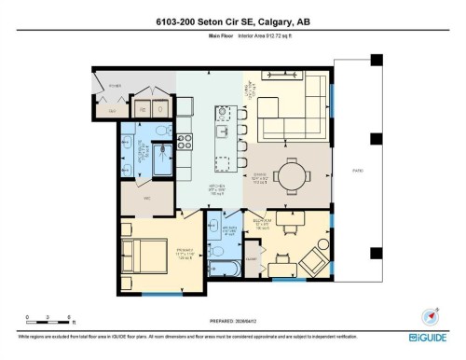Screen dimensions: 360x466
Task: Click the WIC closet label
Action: click(x=146, y=198)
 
